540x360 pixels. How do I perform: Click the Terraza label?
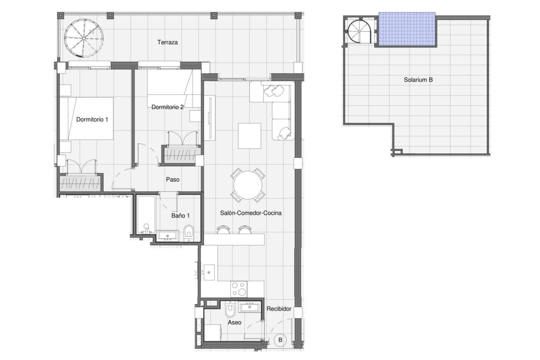click(x=167, y=42)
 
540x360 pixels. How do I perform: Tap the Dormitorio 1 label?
click(x=92, y=119)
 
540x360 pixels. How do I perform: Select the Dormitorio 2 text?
click(x=167, y=107)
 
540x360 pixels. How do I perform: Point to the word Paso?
click(x=173, y=180)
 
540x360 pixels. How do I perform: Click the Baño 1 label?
click(x=180, y=216)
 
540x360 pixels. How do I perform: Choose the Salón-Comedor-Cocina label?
click(x=251, y=213)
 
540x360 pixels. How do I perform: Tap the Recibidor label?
click(x=279, y=309)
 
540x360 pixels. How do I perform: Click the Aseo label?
click(x=234, y=322)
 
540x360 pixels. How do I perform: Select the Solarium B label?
click(x=418, y=80)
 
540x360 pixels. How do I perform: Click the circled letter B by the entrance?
click(x=280, y=340)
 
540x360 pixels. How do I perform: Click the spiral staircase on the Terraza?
click(x=84, y=38)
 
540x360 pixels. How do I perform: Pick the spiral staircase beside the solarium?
click(x=360, y=31)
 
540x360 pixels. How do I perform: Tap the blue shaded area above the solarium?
click(x=407, y=29)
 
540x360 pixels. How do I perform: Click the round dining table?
click(x=248, y=185)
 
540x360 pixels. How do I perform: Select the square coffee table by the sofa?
click(x=249, y=136)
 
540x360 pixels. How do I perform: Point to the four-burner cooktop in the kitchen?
click(x=238, y=289)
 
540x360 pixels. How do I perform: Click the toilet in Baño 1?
click(x=189, y=233)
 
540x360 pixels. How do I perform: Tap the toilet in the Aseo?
click(x=230, y=309)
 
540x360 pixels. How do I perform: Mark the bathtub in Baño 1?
click(x=146, y=215)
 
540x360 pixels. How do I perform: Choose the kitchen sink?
click(x=209, y=272)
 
